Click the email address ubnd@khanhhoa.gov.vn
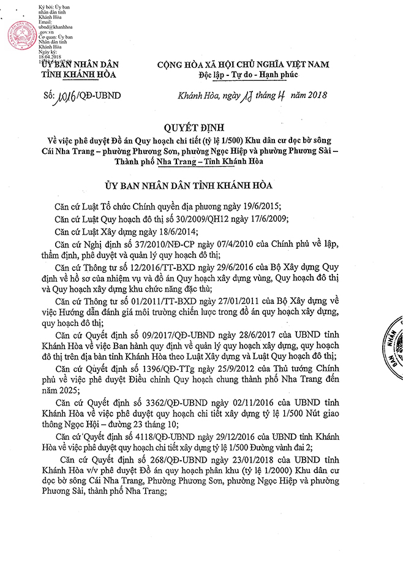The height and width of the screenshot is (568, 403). point(51,30)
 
